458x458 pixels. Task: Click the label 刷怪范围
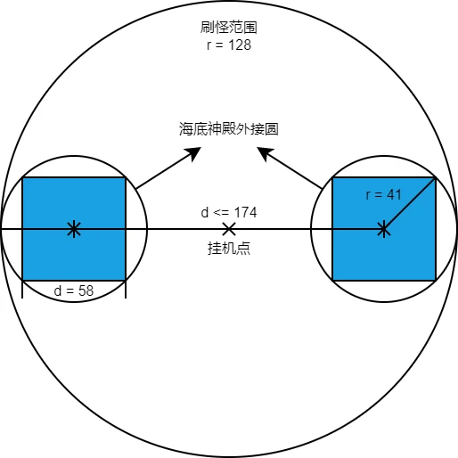[228, 28]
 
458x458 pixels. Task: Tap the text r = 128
[229, 45]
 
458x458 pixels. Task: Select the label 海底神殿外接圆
[229, 129]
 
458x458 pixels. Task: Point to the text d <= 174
[229, 212]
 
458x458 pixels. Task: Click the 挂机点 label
[229, 248]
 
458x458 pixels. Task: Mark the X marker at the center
[229, 229]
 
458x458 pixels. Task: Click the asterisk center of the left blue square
[74, 229]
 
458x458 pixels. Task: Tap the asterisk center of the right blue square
[384, 229]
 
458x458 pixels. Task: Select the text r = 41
[384, 195]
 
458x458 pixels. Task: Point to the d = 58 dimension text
[74, 290]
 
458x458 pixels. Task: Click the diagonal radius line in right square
[410, 203]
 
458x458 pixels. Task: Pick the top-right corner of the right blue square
[436, 177]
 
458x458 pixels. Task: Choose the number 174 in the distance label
[245, 212]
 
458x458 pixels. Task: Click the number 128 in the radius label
[240, 45]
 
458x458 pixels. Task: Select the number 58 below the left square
[86, 290]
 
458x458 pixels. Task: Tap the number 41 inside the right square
[394, 195]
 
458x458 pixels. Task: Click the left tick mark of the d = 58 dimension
[22, 289]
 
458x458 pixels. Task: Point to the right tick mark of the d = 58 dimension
[126, 289]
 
